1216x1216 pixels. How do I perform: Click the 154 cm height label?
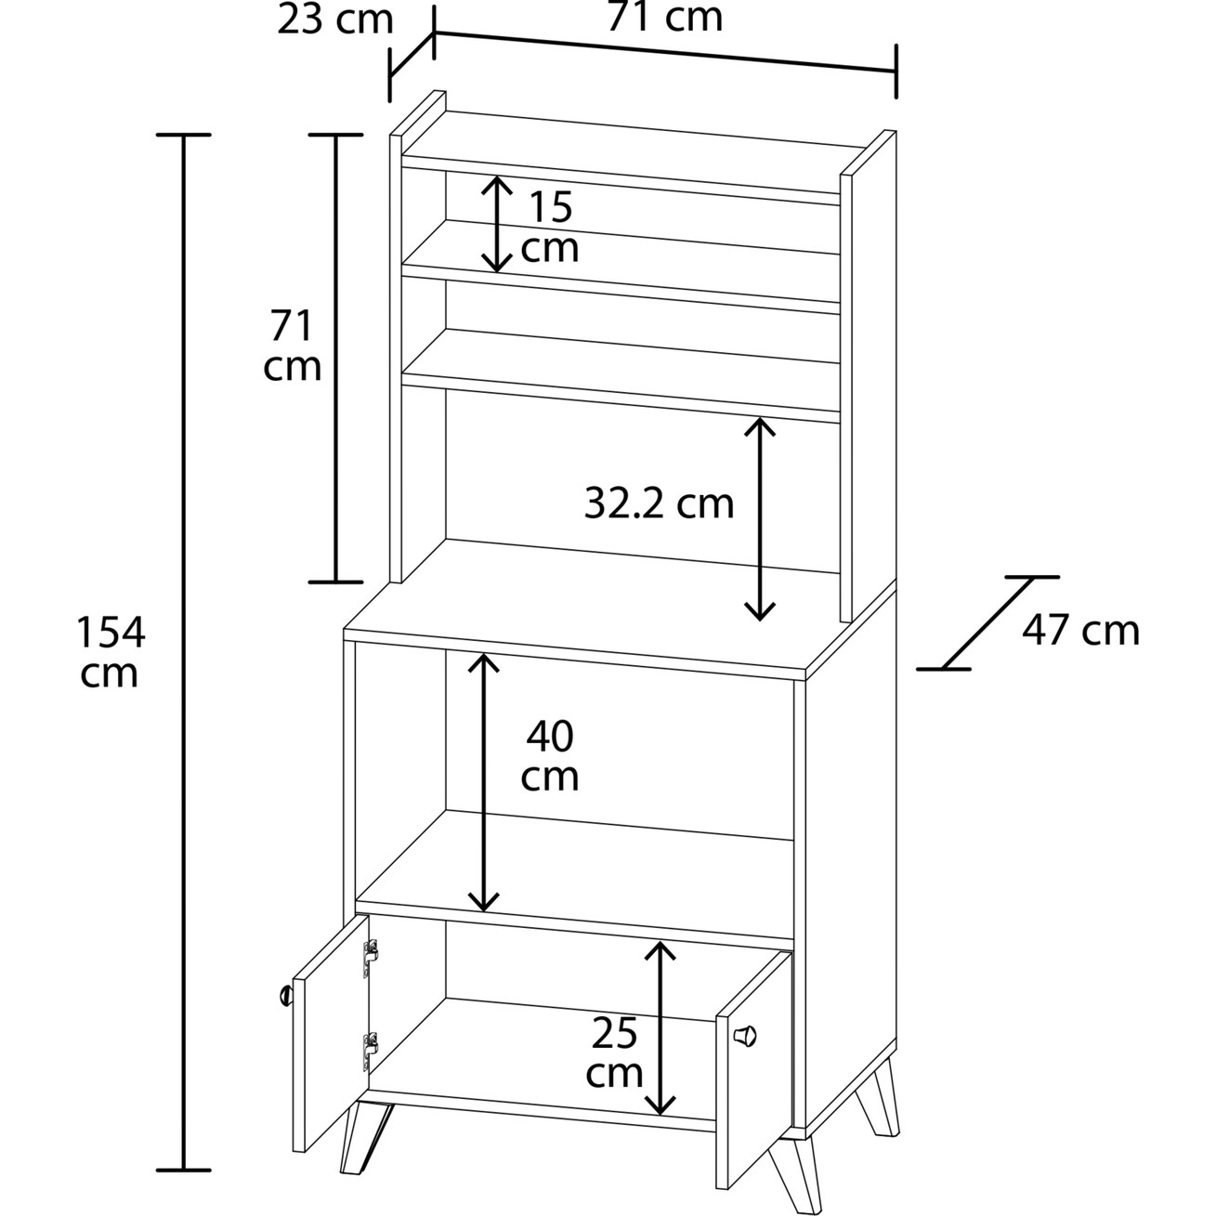(x=111, y=652)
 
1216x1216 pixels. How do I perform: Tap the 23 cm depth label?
(x=335, y=20)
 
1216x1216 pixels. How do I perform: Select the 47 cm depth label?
(x=1080, y=630)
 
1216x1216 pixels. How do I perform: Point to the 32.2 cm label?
(x=659, y=503)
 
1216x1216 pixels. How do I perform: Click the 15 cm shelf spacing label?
(x=550, y=226)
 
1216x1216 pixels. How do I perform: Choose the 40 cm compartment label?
(x=550, y=755)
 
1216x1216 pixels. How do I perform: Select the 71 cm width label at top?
(x=664, y=18)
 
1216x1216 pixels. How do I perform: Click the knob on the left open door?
(x=285, y=996)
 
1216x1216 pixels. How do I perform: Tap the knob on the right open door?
(x=745, y=1036)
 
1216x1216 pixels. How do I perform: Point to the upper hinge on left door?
(x=371, y=957)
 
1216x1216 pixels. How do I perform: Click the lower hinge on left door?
(x=371, y=1052)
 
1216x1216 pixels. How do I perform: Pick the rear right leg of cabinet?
(x=878, y=1096)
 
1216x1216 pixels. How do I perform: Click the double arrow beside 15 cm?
(x=497, y=224)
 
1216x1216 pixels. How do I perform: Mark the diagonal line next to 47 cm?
(x=988, y=622)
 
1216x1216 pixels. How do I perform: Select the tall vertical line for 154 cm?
(x=184, y=652)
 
